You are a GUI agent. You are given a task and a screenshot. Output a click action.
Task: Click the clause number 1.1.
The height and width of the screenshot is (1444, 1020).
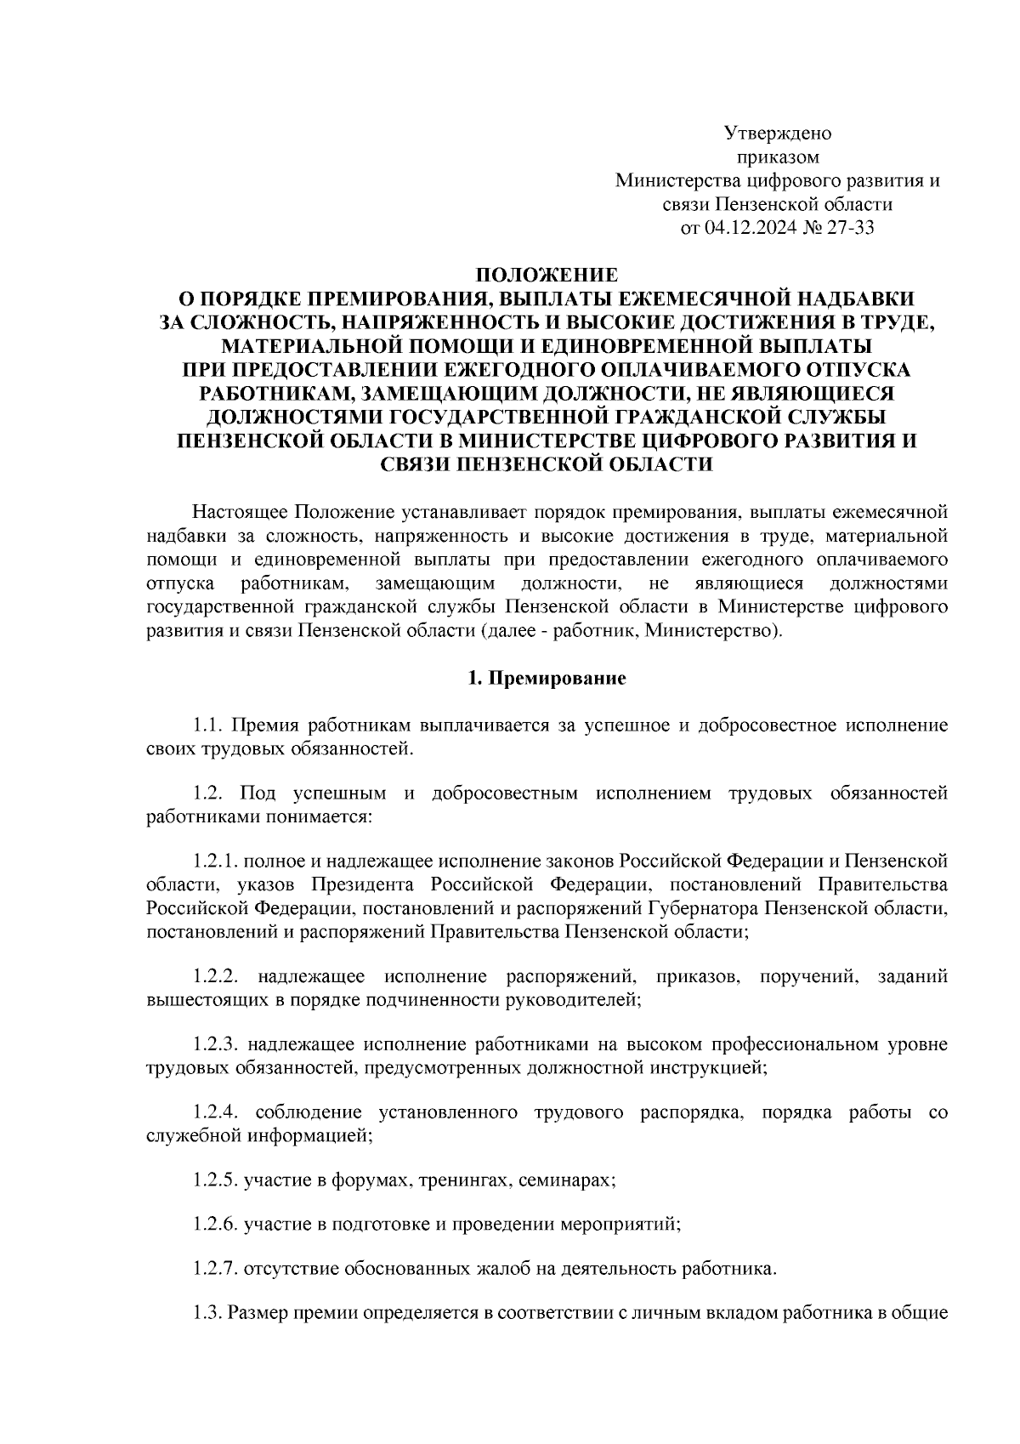[207, 725]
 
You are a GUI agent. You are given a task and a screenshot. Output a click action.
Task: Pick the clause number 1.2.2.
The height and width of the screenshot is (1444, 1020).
[219, 975]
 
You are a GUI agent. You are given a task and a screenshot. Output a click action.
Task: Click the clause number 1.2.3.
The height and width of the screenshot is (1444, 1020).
[218, 1043]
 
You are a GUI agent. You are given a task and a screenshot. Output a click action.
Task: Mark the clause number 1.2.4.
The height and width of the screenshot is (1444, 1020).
[218, 1112]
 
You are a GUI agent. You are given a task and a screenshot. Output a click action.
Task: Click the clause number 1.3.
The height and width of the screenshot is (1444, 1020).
[207, 1314]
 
